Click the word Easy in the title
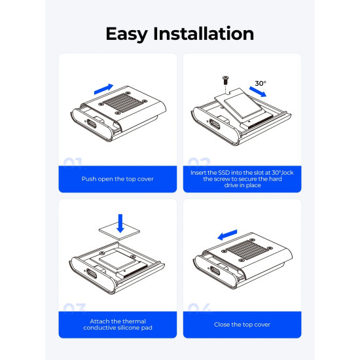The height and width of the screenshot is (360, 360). point(126,34)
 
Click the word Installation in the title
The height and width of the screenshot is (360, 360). point(204,33)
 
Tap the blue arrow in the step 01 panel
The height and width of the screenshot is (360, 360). point(104,89)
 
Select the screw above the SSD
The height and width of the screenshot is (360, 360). point(225,80)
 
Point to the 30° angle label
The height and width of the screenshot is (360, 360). point(261,83)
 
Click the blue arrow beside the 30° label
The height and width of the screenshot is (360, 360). point(258,92)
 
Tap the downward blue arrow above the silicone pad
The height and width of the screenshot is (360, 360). point(120,223)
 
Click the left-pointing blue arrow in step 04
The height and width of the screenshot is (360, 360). point(227,235)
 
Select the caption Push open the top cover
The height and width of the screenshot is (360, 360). point(118,179)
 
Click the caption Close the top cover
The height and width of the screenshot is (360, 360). point(242,325)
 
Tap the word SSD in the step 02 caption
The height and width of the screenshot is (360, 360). point(224,173)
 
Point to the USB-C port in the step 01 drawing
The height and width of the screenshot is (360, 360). point(92,124)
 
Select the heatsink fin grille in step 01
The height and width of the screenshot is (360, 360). point(122,103)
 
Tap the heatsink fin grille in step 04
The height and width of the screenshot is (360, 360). point(245,250)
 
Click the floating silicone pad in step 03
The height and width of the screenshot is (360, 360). point(119,231)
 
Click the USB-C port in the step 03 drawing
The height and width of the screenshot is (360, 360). point(91,274)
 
